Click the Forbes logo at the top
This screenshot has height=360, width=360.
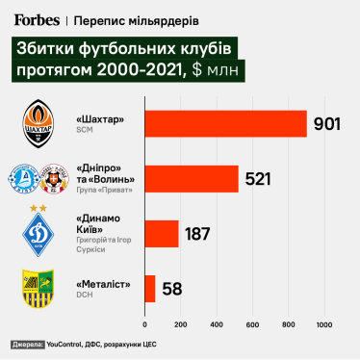pos(37,18)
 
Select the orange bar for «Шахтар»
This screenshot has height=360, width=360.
pos(225,124)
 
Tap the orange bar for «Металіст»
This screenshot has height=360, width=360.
pos(149,288)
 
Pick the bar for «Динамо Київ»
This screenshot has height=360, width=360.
pos(161,234)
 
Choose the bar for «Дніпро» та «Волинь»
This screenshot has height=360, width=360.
pos(191,179)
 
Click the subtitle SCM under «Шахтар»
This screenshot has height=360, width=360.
pos(84,131)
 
